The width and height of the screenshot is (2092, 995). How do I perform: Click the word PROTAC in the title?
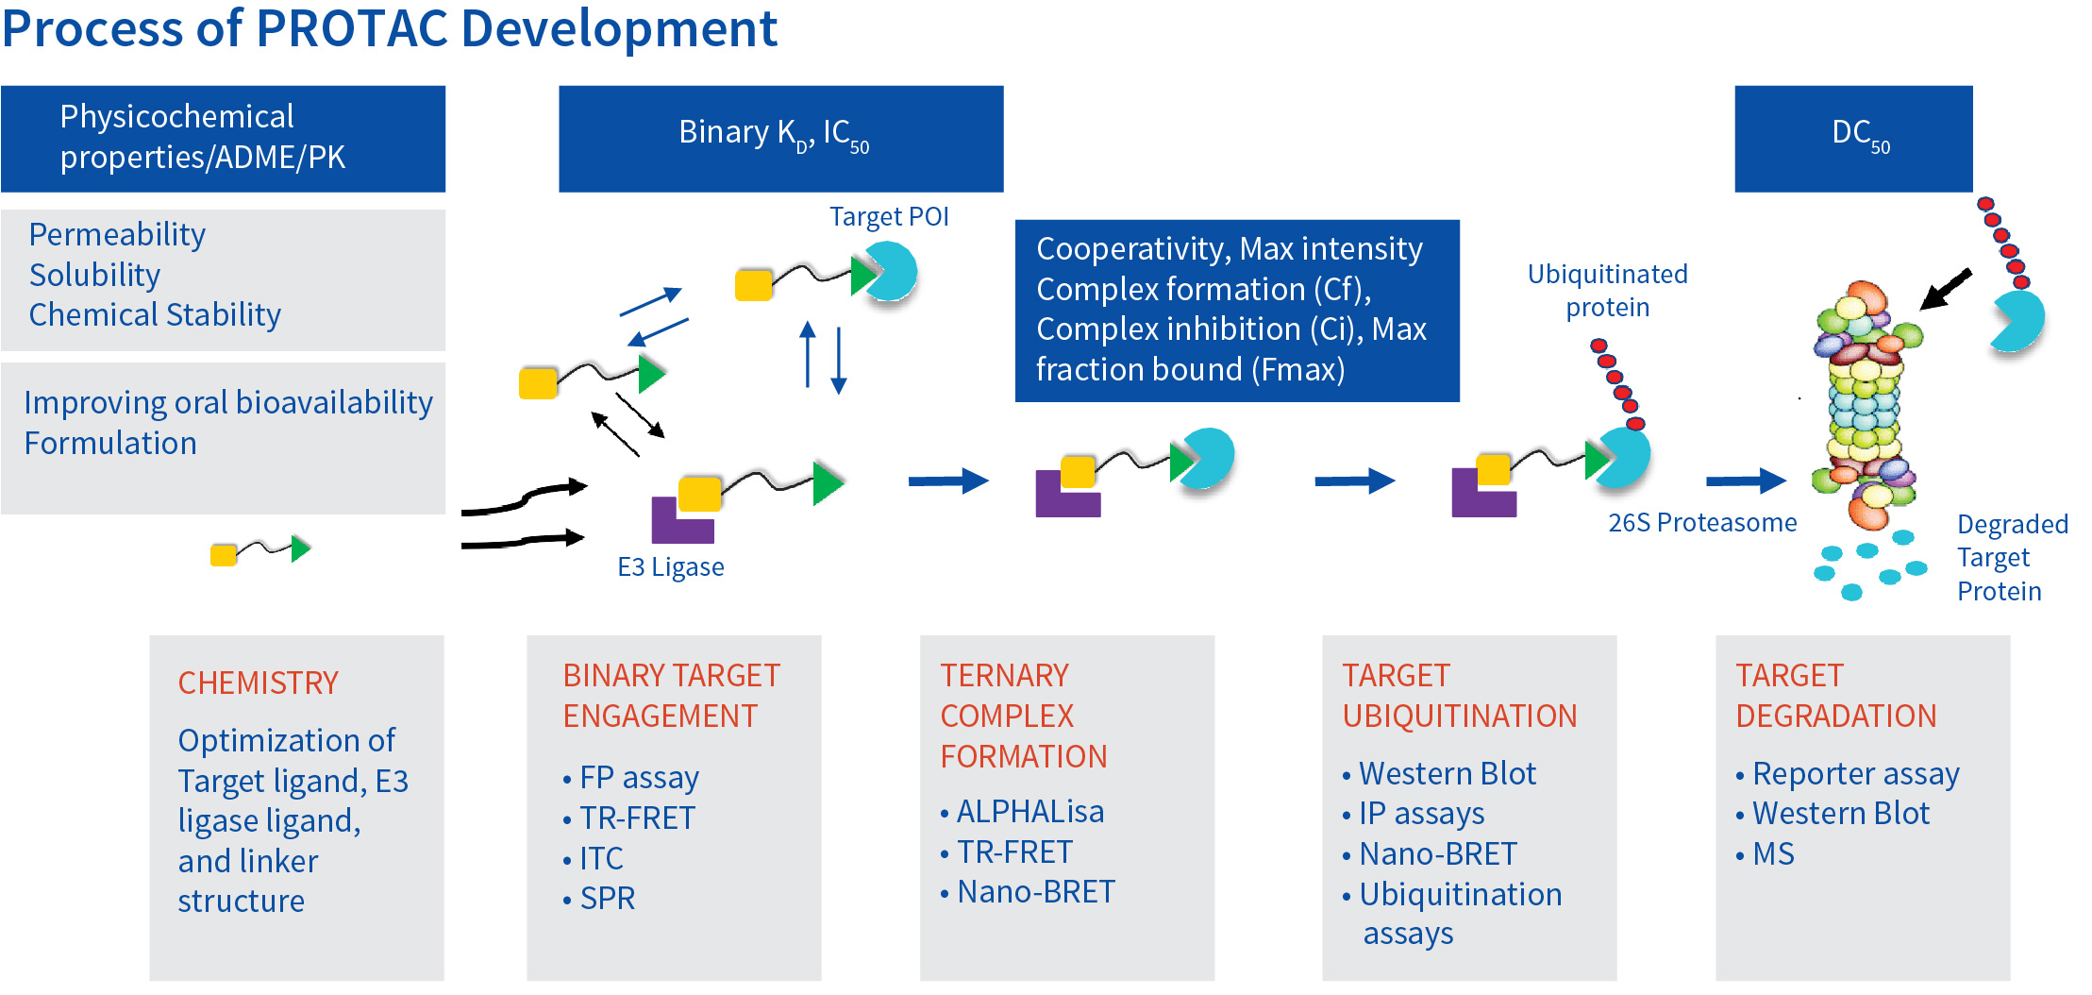[352, 28]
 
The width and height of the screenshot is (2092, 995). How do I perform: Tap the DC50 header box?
[1853, 139]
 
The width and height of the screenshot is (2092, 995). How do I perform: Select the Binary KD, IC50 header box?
[780, 139]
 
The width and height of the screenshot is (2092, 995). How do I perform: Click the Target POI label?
[889, 217]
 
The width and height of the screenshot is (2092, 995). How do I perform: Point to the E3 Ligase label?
[671, 566]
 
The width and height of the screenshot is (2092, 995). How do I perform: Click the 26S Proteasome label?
[1702, 522]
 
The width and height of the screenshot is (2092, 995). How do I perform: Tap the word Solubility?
[95, 275]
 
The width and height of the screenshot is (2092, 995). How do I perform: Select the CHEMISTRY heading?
[259, 683]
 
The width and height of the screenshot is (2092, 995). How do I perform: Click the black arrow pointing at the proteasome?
[1946, 289]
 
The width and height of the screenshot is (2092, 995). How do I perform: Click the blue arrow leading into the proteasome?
[1746, 481]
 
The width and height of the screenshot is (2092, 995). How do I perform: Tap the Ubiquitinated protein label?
[1608, 291]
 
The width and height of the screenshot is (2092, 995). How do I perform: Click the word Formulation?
[110, 443]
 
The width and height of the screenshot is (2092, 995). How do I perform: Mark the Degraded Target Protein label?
[2013, 557]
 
